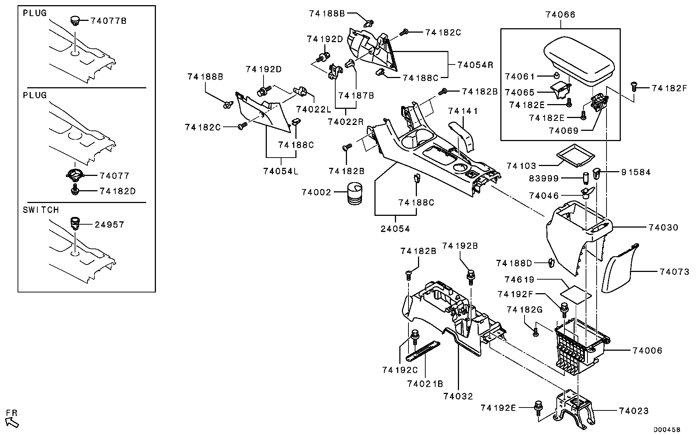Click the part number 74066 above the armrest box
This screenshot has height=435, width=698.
560,15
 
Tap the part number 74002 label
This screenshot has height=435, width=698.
316,192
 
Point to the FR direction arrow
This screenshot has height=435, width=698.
12,422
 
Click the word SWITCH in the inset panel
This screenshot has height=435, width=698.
41,210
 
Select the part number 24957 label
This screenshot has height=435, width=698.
109,224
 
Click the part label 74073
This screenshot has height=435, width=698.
675,272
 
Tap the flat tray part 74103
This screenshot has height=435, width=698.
574,154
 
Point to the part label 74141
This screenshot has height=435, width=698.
463,111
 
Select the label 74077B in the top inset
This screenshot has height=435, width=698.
108,21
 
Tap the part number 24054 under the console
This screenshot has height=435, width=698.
395,229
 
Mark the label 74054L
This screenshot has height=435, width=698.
281,171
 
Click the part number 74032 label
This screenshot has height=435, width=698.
458,396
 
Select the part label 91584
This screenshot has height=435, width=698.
636,172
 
